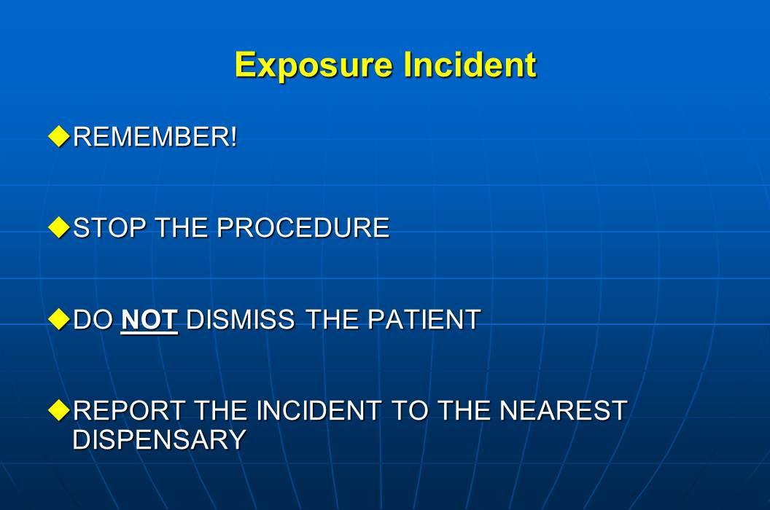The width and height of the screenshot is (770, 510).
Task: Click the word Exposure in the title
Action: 314,66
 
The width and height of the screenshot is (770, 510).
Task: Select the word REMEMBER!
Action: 155,137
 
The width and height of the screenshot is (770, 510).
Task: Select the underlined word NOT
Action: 149,320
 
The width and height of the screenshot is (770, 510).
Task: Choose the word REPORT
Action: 129,411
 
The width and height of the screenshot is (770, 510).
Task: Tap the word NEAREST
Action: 563,411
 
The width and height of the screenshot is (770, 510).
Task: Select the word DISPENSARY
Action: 159,440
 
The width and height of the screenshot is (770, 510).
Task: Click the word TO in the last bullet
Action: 410,411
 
